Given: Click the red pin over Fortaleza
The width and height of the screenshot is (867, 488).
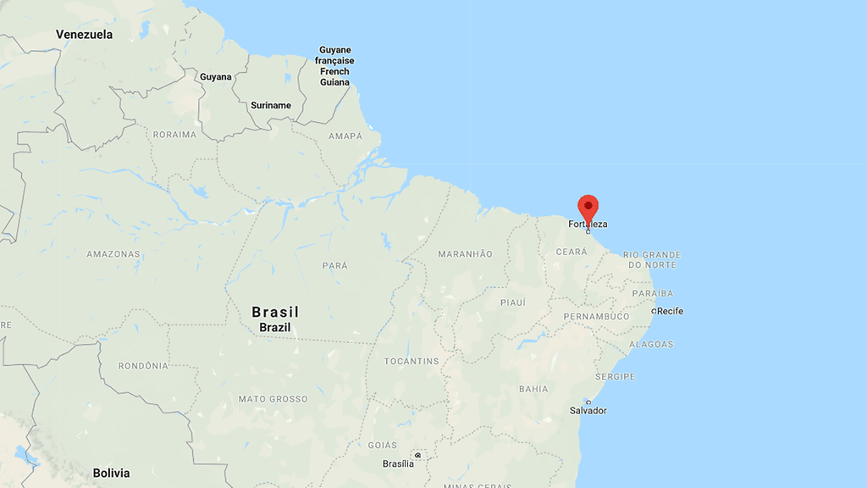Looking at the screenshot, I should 588,208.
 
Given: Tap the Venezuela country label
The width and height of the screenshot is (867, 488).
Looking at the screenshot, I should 84,35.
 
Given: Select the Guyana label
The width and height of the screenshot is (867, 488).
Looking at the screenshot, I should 215,77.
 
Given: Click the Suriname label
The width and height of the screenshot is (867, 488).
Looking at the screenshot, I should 271,106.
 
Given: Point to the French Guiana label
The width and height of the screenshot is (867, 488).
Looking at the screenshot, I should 334,66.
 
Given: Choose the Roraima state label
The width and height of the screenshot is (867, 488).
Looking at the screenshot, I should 174,135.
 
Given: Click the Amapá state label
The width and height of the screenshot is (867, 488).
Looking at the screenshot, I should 345,136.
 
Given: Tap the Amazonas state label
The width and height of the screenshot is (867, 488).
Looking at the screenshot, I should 113,254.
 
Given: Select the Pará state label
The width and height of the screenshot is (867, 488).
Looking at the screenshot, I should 335,266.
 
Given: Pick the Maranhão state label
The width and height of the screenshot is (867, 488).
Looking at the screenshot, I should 465,254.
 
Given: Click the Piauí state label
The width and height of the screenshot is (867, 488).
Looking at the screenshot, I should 513,302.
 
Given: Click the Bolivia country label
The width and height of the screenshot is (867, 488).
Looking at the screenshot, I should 111,473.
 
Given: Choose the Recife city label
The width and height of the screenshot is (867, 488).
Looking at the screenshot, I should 670,311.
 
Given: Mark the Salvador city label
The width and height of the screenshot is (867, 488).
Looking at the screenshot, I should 588,411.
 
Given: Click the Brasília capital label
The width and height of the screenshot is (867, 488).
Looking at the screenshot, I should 398,463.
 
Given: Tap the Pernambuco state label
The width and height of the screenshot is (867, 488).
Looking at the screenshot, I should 596,316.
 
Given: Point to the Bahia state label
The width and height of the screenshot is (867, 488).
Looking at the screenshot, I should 533,389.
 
